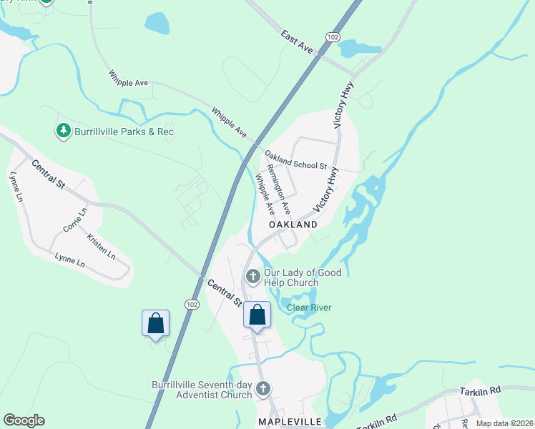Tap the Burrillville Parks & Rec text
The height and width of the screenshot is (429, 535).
pos(124,132)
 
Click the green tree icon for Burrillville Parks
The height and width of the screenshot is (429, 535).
pos(64,131)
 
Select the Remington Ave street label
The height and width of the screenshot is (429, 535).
pos(278,189)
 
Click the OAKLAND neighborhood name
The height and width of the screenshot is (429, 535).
pos(293,225)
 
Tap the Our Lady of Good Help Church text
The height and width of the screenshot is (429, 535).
pos(303,277)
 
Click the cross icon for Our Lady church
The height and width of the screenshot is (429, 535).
pos(252,276)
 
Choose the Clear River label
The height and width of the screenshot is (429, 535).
pos(309,308)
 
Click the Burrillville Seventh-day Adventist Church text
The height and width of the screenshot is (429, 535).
pos(202,390)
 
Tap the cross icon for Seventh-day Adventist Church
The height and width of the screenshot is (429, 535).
pos(263,389)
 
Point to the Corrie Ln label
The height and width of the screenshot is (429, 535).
pos(74,220)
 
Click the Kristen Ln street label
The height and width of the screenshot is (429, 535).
pos(101,245)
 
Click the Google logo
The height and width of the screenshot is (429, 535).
pos(24,420)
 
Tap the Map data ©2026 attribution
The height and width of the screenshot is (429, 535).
pos(504,423)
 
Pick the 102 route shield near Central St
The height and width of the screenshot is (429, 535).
pos(191,304)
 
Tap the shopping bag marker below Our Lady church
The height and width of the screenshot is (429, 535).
pos(257,315)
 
